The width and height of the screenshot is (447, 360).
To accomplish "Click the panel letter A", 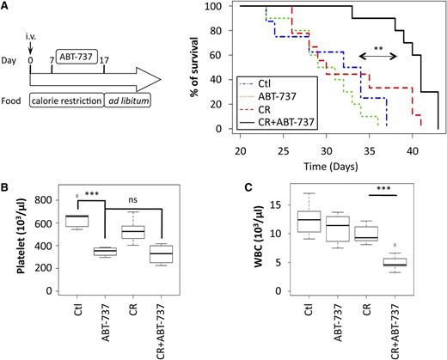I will coord(7,8).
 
